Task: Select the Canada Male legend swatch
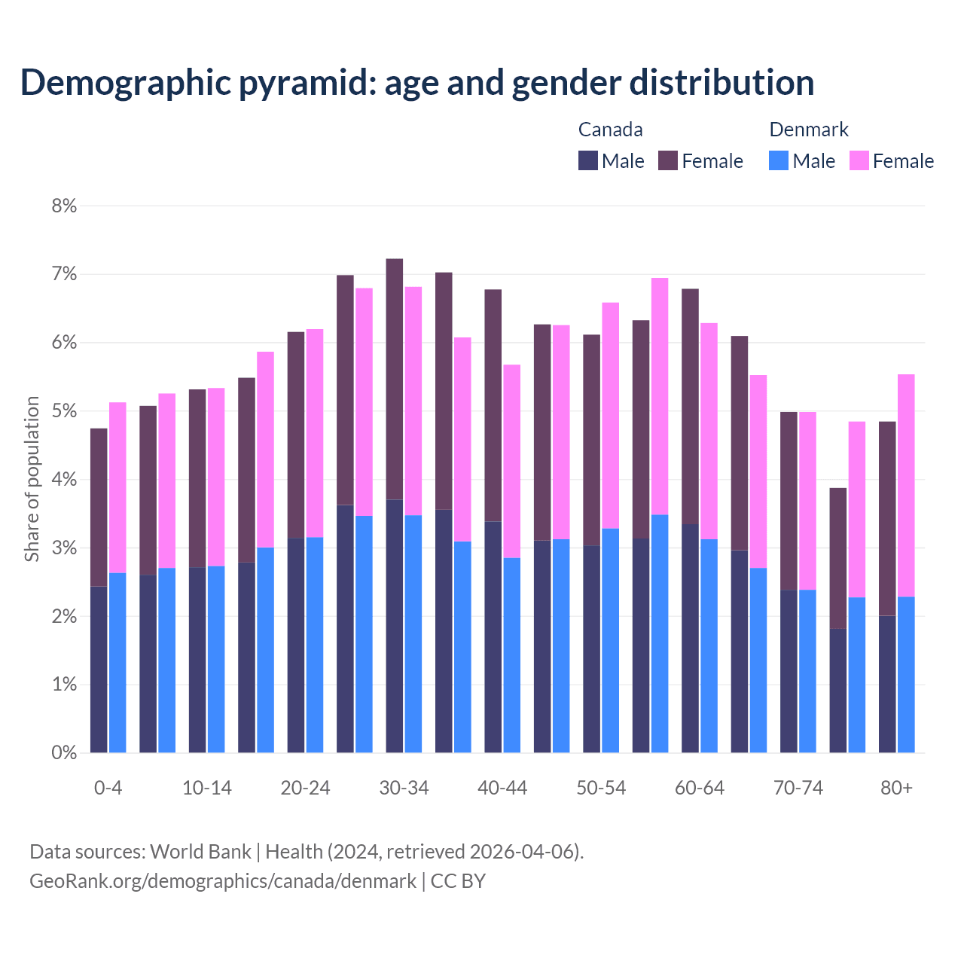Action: tap(588, 160)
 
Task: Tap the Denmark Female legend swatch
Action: tap(859, 160)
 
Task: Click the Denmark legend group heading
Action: tap(809, 130)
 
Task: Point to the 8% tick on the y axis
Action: tap(64, 206)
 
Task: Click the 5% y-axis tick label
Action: tap(64, 411)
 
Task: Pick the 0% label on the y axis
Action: tap(64, 752)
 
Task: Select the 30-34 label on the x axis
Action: tap(404, 788)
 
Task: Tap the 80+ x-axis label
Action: tap(896, 788)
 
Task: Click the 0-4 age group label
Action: tap(108, 788)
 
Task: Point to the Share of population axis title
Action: tap(32, 479)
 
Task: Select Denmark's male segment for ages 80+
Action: tap(906, 674)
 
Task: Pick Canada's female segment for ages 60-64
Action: tap(690, 406)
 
